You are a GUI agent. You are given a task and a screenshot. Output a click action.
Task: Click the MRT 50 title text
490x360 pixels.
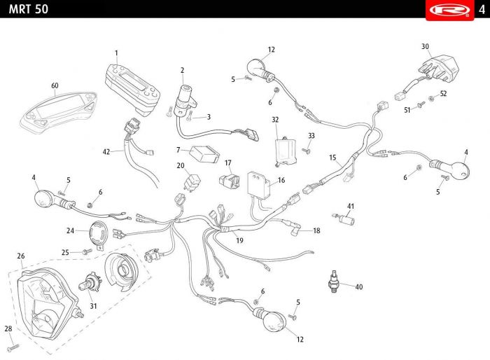(x=29, y=9)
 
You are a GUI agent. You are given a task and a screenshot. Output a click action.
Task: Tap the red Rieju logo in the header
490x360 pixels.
(x=449, y=10)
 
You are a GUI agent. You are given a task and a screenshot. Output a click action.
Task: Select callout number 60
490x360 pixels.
(x=55, y=85)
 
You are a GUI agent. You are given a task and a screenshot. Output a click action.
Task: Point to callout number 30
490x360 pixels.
(x=425, y=46)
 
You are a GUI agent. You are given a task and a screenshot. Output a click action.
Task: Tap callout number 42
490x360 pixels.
(x=106, y=152)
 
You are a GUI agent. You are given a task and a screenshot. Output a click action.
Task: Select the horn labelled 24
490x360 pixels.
(x=99, y=235)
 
